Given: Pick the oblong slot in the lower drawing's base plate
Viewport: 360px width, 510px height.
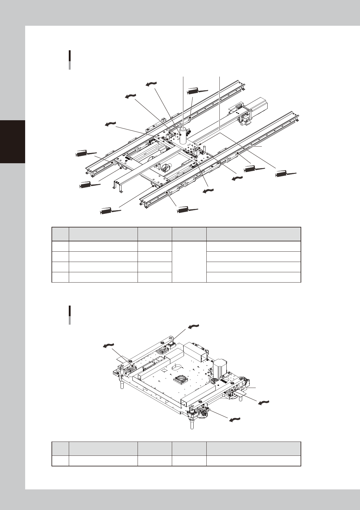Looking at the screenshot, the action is tap(177, 367).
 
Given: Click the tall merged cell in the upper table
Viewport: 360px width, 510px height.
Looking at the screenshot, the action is tap(189, 262).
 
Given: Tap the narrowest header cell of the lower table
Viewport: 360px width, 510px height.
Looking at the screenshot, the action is tap(61, 449).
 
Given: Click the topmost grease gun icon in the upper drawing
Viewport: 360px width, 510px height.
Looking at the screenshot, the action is tap(198, 91).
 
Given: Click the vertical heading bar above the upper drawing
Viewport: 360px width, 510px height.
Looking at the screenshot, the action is tap(70, 60).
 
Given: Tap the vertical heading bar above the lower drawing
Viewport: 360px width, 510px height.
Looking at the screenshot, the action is tap(70, 315).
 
